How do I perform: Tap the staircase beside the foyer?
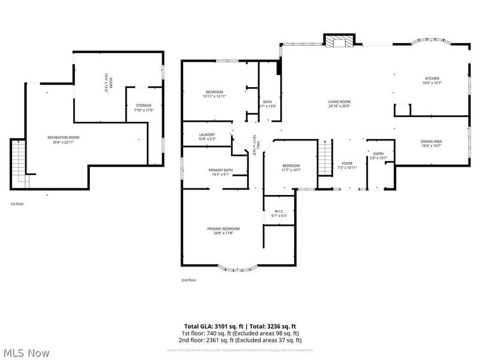coord(325,157)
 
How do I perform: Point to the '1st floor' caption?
coord(17,204)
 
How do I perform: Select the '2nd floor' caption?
coord(188,280)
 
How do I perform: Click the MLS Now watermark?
coord(26,353)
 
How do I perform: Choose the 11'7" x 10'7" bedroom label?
coord(291,167)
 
